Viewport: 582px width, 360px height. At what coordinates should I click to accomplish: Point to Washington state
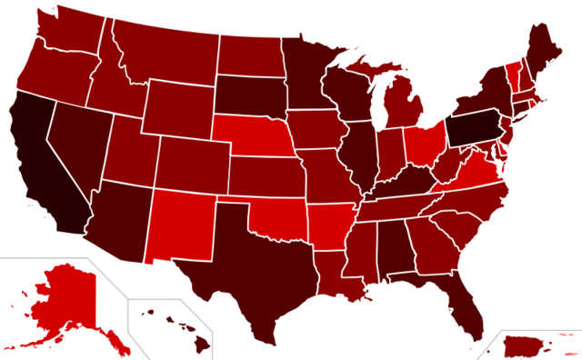[x=68, y=32]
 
